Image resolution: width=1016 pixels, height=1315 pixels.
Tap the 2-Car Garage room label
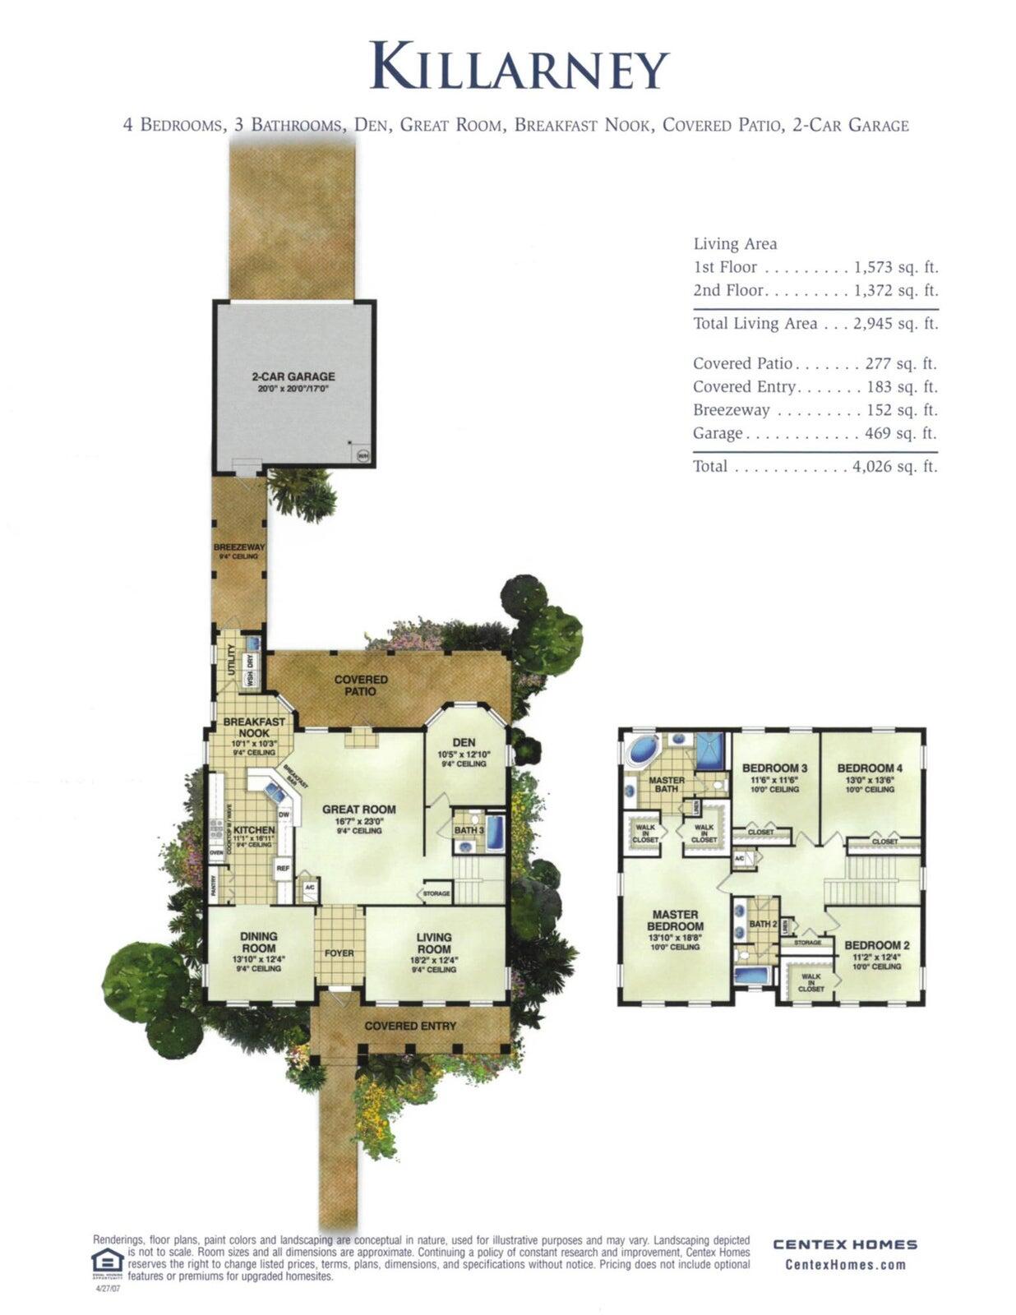(293, 376)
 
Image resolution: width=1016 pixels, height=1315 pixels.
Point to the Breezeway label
(238, 547)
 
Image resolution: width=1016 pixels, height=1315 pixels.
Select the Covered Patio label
(361, 685)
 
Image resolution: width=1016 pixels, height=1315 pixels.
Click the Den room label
(464, 742)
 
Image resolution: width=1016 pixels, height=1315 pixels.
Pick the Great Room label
(358, 810)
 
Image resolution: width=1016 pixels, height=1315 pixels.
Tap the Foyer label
(339, 953)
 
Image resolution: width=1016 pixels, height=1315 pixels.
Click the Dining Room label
(259, 942)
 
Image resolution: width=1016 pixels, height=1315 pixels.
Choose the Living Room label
(433, 943)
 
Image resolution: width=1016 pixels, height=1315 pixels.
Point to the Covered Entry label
(410, 1026)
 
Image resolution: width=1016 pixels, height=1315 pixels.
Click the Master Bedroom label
(675, 920)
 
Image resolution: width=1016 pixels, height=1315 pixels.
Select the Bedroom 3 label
(774, 768)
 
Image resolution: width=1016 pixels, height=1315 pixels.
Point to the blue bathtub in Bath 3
(495, 832)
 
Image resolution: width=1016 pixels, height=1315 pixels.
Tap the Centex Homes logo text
(845, 1244)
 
